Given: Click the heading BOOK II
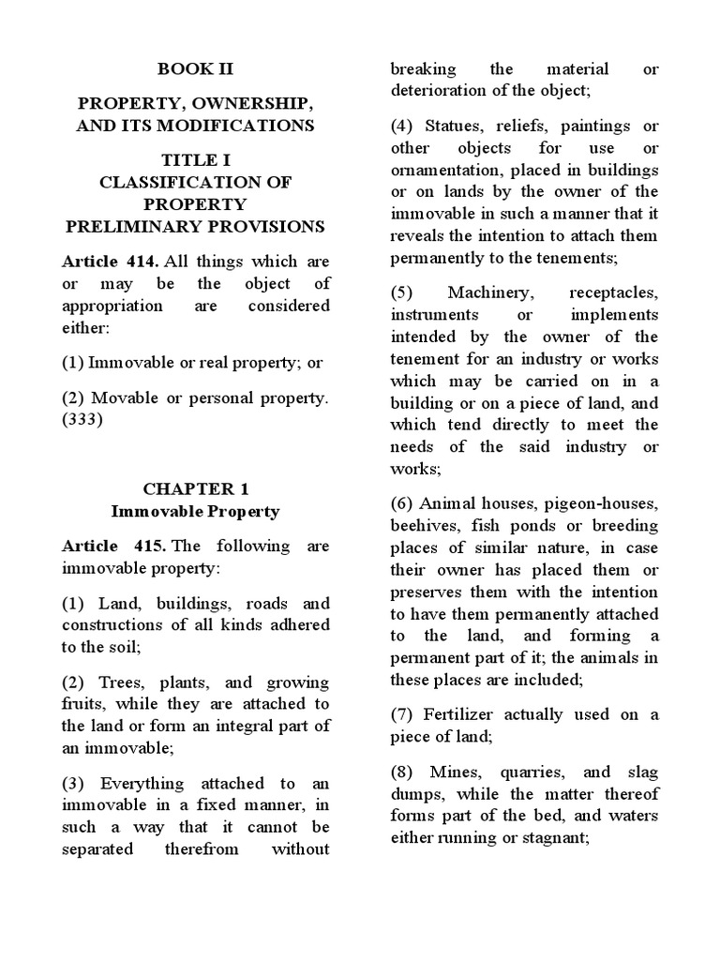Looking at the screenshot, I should click(195, 69).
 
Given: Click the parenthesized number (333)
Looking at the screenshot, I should click(82, 419).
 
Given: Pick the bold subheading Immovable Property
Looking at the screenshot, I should click(195, 512).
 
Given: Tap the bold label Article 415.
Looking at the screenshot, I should click(107, 546).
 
